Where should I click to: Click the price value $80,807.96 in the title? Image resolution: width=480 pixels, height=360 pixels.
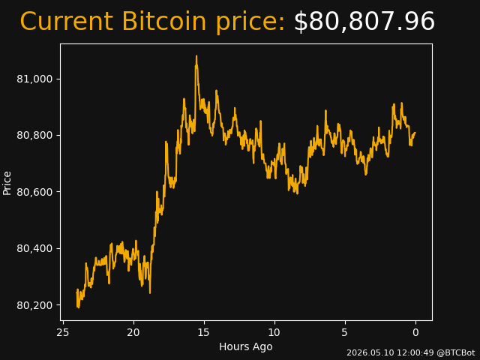click(364, 22)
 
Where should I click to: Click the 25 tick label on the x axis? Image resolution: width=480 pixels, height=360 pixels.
click(63, 332)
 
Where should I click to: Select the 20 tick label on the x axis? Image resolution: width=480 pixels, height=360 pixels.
click(133, 332)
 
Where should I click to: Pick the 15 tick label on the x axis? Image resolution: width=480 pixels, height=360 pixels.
click(204, 332)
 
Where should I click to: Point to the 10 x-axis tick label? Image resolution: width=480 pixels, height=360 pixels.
click(274, 332)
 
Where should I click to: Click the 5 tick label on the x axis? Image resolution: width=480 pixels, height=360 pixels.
click(345, 332)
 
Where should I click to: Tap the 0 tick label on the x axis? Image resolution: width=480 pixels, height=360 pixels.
click(415, 332)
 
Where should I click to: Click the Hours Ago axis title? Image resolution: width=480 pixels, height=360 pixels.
click(246, 346)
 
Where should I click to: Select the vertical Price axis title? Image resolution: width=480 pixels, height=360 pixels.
click(7, 183)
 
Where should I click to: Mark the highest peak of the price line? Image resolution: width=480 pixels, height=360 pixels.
click(196, 56)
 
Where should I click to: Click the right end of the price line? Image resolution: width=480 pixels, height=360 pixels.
click(415, 133)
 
